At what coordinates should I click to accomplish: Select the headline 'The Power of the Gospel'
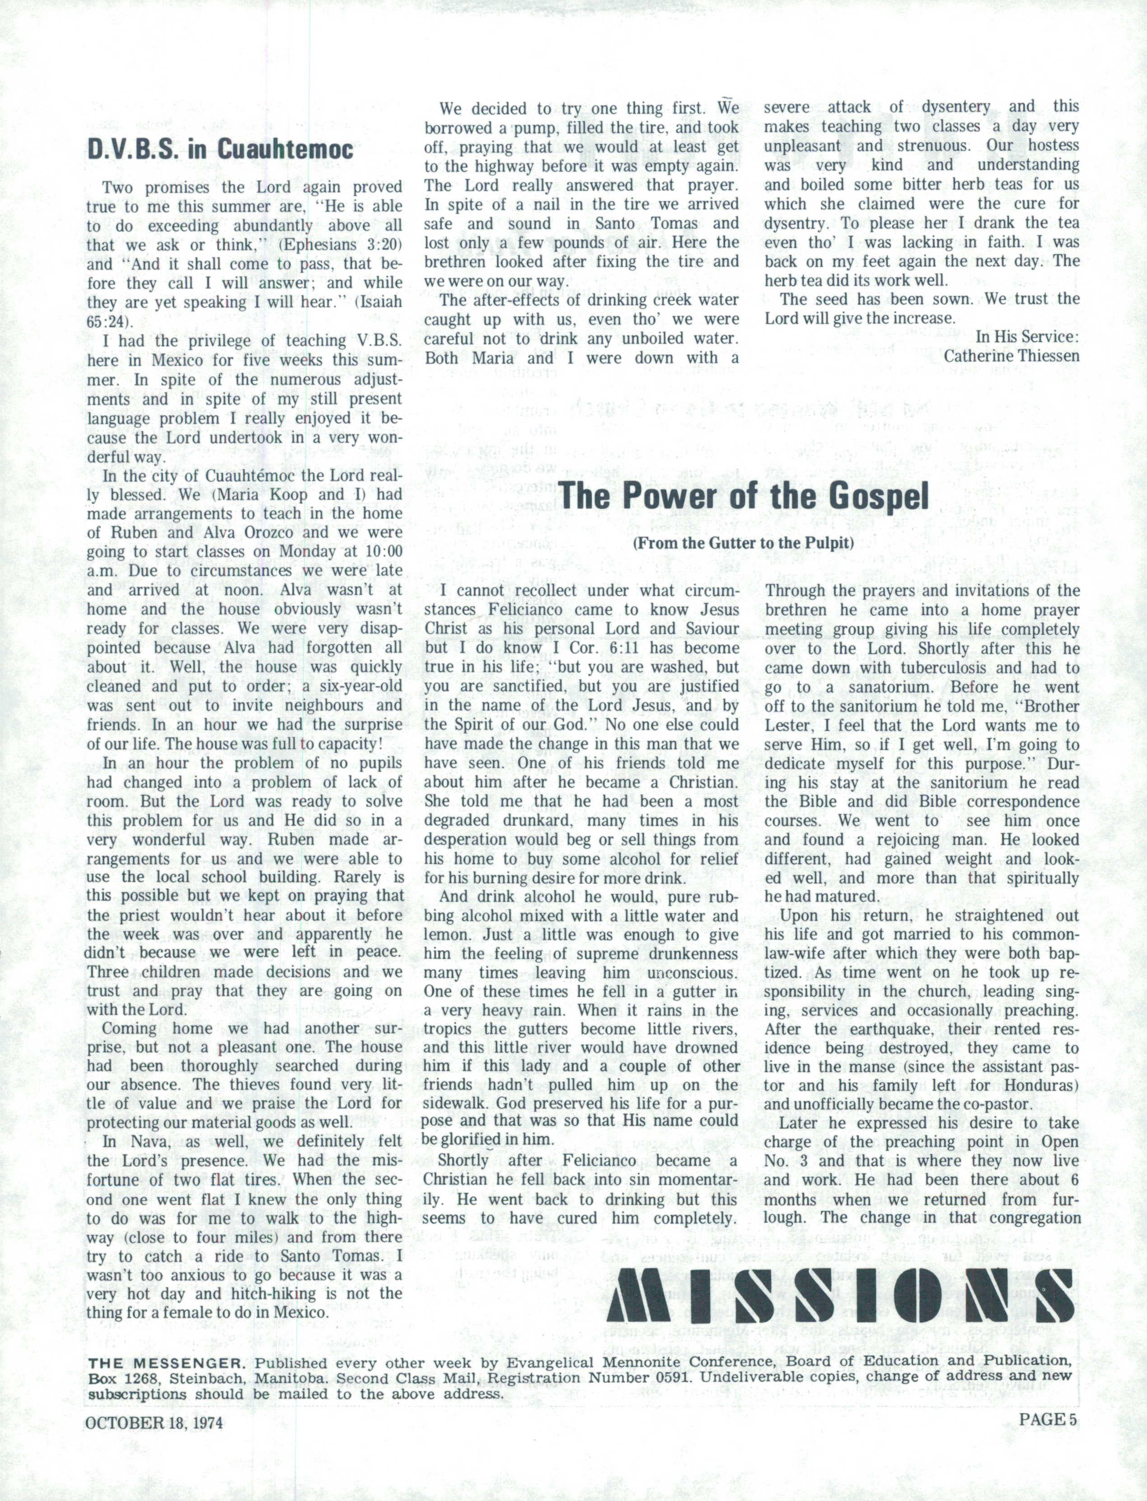[x=744, y=496]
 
